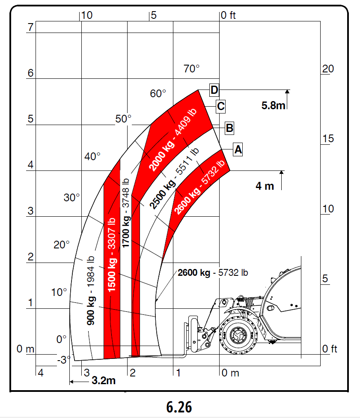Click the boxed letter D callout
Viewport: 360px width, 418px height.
tap(214, 90)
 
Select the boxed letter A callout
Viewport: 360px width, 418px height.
tap(238, 149)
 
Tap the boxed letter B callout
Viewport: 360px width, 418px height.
tap(229, 128)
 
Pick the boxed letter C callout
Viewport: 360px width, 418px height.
tap(220, 106)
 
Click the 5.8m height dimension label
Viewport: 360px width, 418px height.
tap(273, 105)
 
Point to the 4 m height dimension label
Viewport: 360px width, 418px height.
tap(265, 186)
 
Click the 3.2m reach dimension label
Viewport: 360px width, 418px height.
tap(104, 380)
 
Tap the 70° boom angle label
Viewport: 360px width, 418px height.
tap(191, 69)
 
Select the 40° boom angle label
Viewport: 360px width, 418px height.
tap(92, 156)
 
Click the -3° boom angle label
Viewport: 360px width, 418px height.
tap(64, 360)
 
